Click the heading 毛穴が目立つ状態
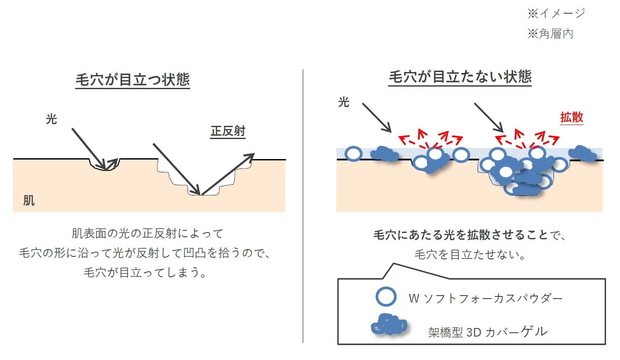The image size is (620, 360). (x=133, y=80)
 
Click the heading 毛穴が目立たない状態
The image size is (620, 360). (x=460, y=77)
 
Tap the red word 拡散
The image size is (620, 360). (x=571, y=117)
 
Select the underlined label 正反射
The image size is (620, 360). (x=228, y=131)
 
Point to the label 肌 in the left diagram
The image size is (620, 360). (x=29, y=200)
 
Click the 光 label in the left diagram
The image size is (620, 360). (x=51, y=119)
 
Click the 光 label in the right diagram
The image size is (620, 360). (x=343, y=102)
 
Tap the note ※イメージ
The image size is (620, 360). (x=556, y=14)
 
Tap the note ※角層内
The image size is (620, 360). (x=550, y=34)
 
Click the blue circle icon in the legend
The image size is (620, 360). (x=386, y=297)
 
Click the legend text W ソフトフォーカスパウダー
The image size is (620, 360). (x=485, y=298)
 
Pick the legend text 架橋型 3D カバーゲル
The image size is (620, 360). (x=487, y=332)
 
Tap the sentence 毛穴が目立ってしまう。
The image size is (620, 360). (x=145, y=272)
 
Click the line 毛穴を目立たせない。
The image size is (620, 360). (x=470, y=255)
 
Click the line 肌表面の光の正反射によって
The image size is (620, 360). (x=148, y=233)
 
